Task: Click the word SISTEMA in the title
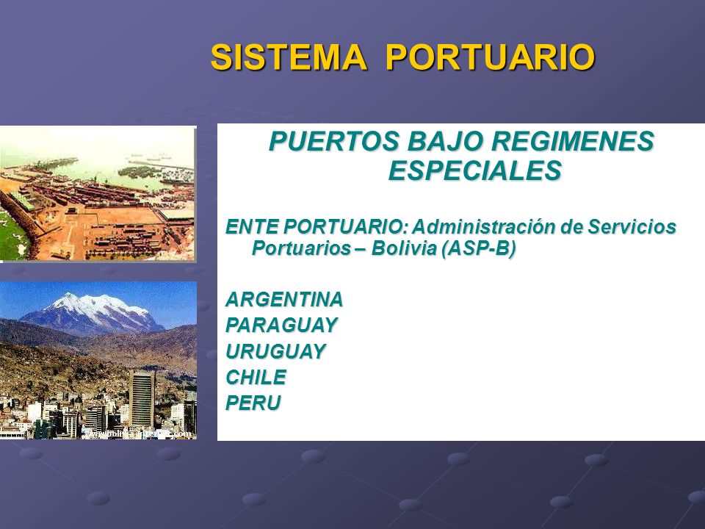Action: click(289, 57)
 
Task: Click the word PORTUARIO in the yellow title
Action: click(491, 57)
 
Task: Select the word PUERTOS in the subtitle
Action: click(333, 141)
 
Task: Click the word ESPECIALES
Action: click(475, 170)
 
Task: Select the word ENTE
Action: click(252, 226)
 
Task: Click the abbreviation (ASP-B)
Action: click(478, 248)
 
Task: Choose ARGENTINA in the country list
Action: click(284, 300)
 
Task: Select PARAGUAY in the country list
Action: click(281, 325)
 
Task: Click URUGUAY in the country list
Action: click(275, 351)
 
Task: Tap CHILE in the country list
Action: click(256, 377)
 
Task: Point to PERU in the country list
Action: click(253, 403)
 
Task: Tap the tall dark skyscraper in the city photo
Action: click(142, 398)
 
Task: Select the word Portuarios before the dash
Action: click(301, 248)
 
